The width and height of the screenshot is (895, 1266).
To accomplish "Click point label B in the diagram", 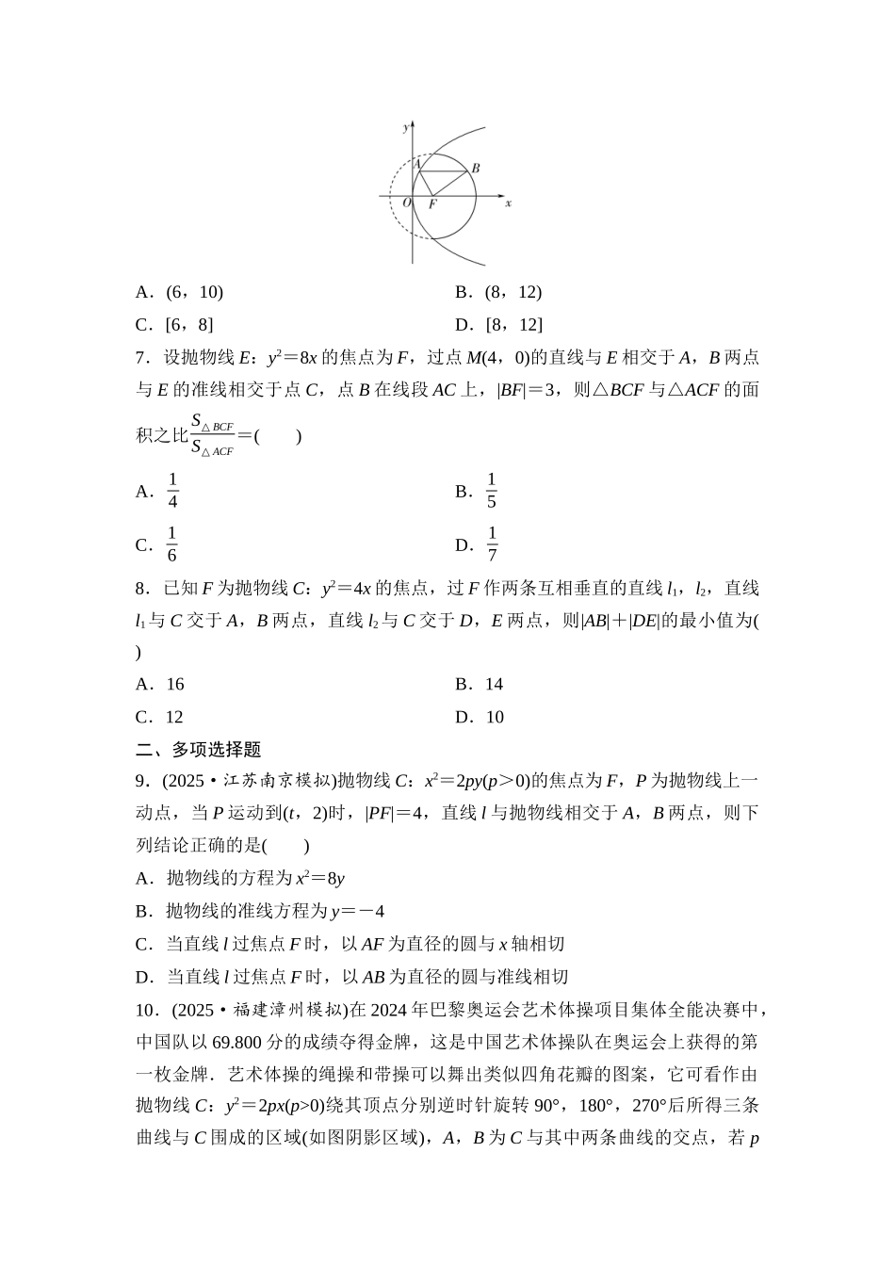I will click(x=477, y=168).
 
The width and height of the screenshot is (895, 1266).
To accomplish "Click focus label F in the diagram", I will click(x=432, y=203).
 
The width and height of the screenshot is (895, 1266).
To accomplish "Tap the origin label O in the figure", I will click(x=406, y=203).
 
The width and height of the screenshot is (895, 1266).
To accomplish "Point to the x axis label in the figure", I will click(x=508, y=203).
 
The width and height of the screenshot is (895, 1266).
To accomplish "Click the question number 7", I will click(x=141, y=357).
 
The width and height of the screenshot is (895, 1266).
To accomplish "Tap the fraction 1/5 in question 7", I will click(x=491, y=491).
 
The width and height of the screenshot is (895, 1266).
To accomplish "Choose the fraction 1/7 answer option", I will click(x=492, y=544).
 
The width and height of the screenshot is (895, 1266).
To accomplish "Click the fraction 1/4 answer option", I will click(x=172, y=491).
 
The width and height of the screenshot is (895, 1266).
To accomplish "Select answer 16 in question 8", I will click(x=175, y=685).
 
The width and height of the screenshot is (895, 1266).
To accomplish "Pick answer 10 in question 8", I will click(x=495, y=718).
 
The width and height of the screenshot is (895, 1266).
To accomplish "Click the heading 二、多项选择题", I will click(x=199, y=750).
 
